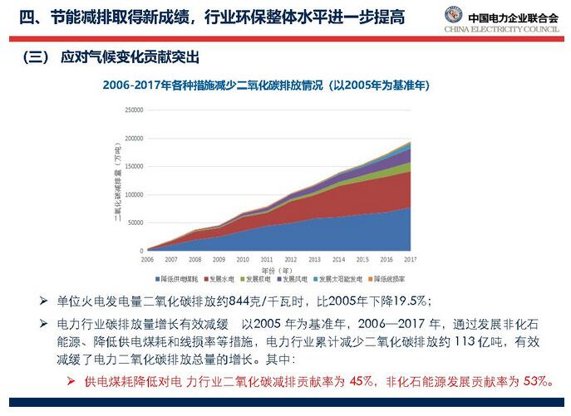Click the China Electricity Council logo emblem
[453, 16]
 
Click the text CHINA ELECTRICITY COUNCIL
[501, 30]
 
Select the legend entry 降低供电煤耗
[180, 278]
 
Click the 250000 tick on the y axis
[133, 109]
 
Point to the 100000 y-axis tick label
[133, 193]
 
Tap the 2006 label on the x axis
[147, 259]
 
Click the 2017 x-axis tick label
[411, 259]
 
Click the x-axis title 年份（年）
[278, 269]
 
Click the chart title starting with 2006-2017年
[266, 86]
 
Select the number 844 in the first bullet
[237, 300]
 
